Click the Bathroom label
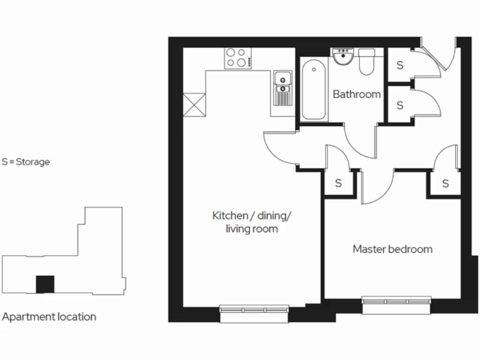[x=356, y=94]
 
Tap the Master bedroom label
[x=392, y=249]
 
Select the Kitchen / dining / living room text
[x=252, y=222]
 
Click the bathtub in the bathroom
[x=313, y=91]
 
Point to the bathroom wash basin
[x=344, y=57]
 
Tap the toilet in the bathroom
[x=366, y=63]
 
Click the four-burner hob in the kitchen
[x=237, y=58]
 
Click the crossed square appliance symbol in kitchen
[x=194, y=104]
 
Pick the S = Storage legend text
[x=26, y=162]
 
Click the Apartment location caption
[x=49, y=317]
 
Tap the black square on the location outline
[x=45, y=285]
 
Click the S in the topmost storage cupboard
[x=399, y=66]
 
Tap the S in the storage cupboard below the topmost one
[x=399, y=105]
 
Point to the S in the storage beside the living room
[x=338, y=183]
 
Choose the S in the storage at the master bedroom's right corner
[x=445, y=183]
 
